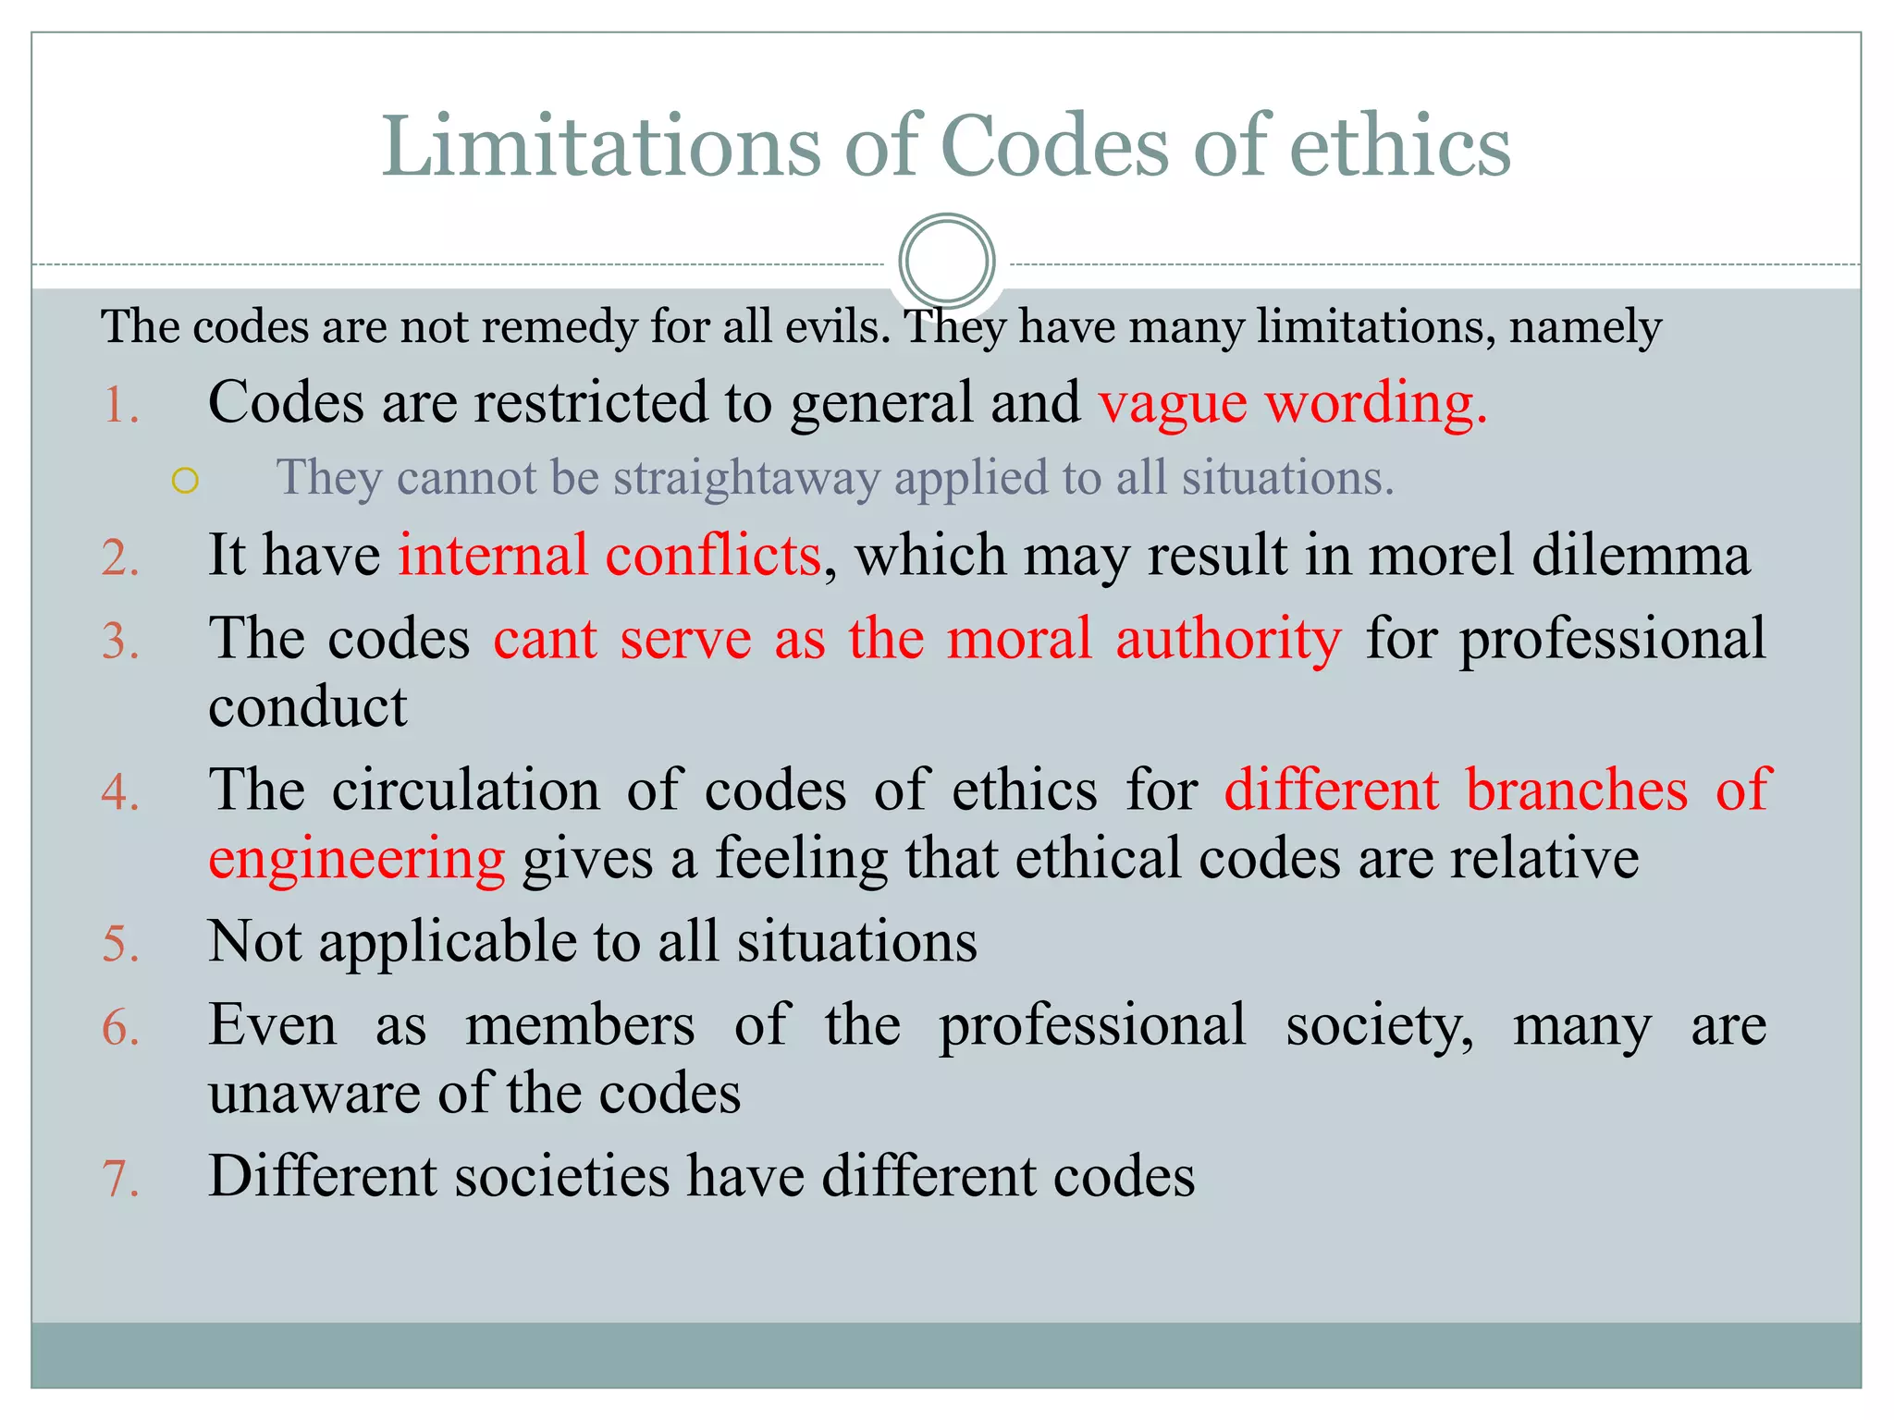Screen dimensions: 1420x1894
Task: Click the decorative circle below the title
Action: pos(946,261)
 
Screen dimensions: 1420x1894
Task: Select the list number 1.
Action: pos(120,405)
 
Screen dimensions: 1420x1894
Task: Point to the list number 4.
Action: pos(120,792)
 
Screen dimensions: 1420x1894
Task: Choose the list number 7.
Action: pos(120,1179)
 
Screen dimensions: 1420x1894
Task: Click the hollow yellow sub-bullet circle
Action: pos(185,481)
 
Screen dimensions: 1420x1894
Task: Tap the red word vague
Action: pos(1173,403)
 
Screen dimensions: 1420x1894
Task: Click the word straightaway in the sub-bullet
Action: pos(746,478)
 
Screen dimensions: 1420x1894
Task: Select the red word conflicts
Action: pos(713,556)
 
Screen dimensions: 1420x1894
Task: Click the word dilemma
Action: pos(1641,556)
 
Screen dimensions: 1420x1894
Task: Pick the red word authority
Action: pos(1228,639)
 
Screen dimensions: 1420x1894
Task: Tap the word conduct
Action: pos(308,707)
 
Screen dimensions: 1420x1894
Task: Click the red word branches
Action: pos(1577,790)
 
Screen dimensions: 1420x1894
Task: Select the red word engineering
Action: pos(357,860)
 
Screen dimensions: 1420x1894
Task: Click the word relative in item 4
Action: pos(1544,858)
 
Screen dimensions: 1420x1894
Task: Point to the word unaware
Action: pos(314,1094)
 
